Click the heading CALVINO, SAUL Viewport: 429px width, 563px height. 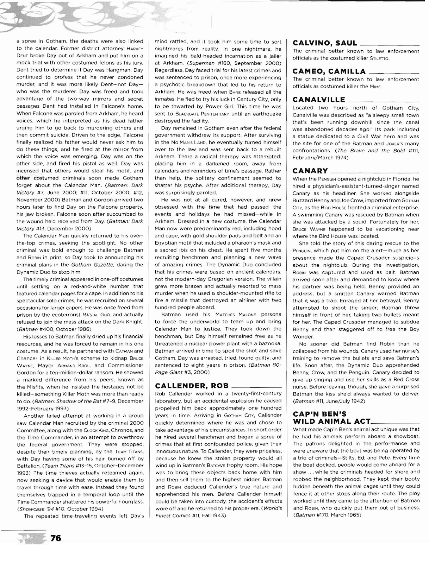coord(325,43)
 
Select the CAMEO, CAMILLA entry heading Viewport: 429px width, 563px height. coord(329,71)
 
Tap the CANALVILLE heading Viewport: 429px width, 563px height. coord(319,100)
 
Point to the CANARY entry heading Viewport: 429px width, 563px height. coord(310,171)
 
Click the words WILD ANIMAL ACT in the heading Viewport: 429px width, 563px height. coord(331,421)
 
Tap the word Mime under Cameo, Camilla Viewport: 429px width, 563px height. coord(376,87)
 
